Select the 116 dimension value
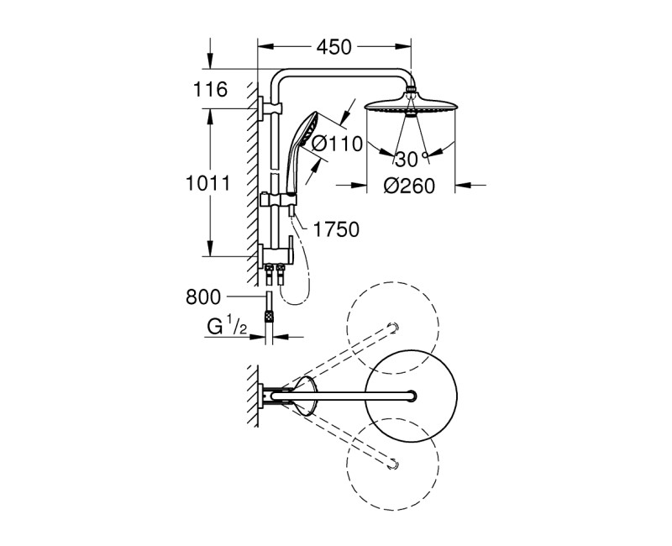211,90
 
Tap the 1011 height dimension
202,184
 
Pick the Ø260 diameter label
410,186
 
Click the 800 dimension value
203,296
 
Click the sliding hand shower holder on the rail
280,201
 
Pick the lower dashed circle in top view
392,459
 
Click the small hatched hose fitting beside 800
268,317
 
